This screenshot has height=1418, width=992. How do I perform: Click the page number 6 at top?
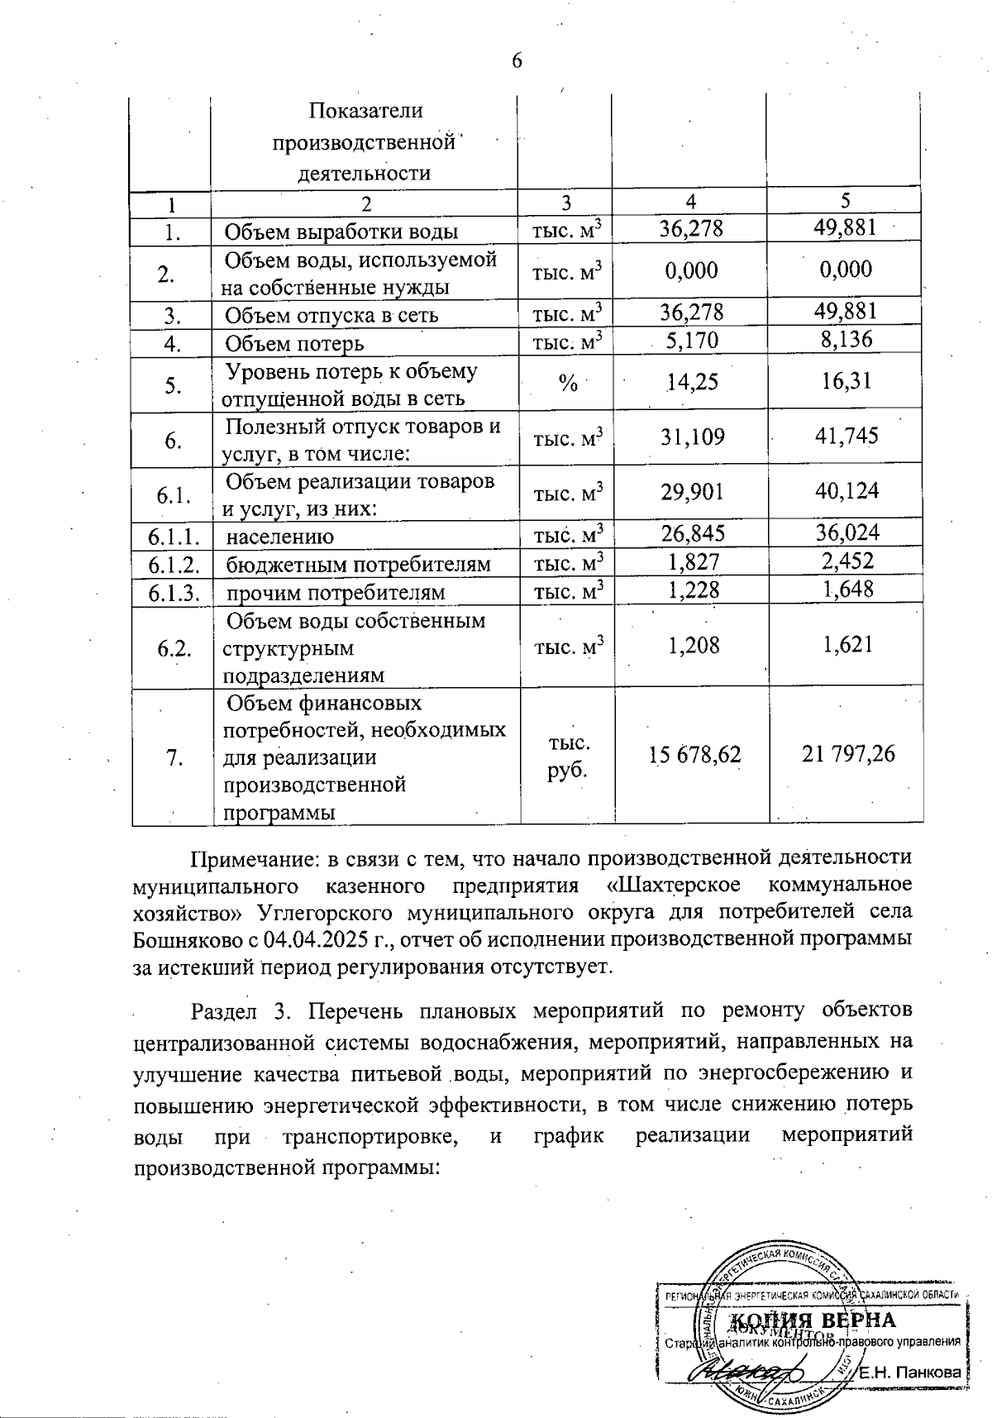[x=517, y=61]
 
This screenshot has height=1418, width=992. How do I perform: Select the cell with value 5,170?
[x=692, y=341]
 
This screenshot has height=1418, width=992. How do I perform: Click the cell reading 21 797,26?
[x=848, y=754]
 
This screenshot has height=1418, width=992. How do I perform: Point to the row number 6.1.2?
[x=174, y=564]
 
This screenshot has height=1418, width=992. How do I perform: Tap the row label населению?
[x=280, y=537]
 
